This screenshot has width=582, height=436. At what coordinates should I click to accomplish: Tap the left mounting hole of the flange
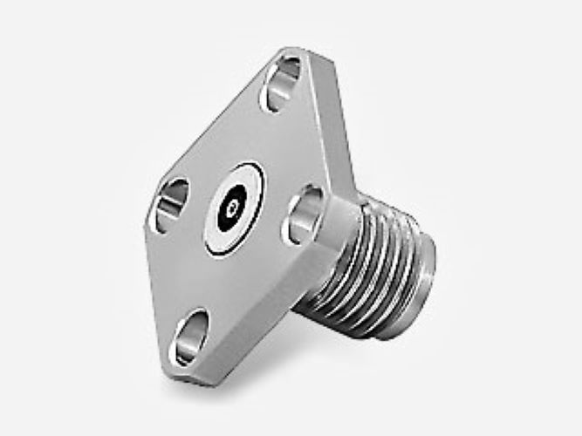click(172, 206)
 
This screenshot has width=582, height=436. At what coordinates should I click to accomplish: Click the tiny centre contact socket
click(233, 208)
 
